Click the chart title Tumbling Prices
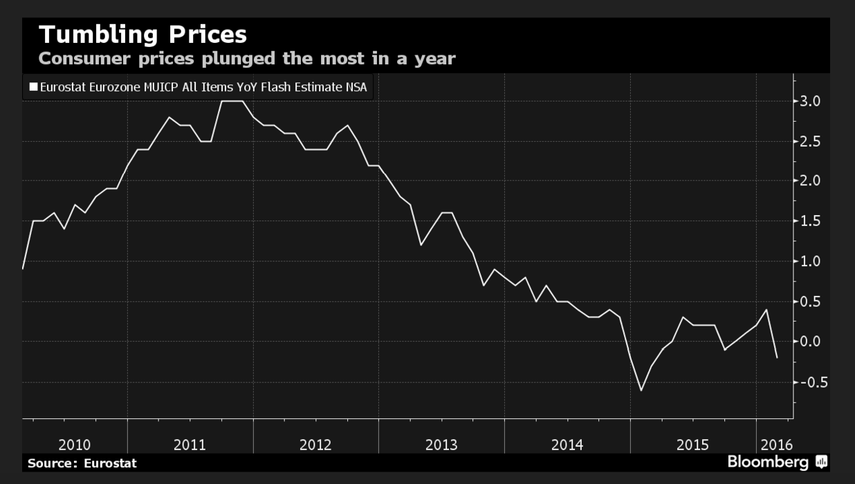coord(142,35)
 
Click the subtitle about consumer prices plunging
coord(247,58)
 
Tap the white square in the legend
coord(33,87)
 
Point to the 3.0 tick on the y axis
coord(810,101)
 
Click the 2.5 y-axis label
coord(810,141)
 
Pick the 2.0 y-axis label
coord(810,180)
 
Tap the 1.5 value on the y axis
coord(810,221)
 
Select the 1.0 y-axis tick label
coord(810,261)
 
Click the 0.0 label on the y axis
coord(810,342)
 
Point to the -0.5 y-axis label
coord(807,382)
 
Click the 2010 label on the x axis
coord(75,444)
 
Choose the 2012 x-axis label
coord(315,444)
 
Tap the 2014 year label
coord(567,444)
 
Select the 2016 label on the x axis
coord(776,444)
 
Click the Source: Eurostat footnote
coord(82,463)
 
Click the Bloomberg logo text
coord(768,462)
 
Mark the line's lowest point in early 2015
coord(641,391)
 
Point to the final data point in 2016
coord(778,357)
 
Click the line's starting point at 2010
coord(23,268)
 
